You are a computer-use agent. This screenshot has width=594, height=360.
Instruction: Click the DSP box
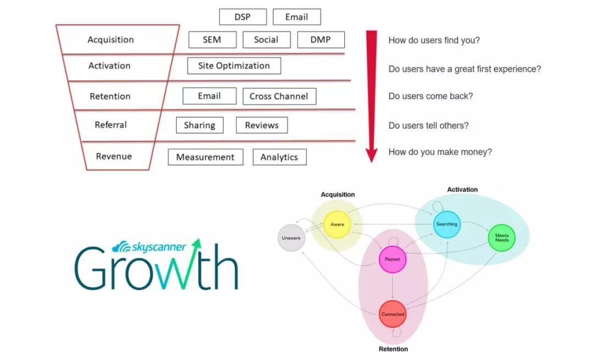[x=243, y=17]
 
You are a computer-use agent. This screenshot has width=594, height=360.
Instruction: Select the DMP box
[x=321, y=40]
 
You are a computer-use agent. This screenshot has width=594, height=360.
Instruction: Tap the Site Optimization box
[x=234, y=66]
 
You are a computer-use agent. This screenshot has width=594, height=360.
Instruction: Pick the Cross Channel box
[x=279, y=97]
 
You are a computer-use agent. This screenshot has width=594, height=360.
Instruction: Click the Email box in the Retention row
[x=210, y=96]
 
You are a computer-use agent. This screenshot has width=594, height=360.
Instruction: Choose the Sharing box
[x=200, y=125]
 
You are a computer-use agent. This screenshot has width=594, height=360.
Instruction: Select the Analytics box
[x=279, y=157]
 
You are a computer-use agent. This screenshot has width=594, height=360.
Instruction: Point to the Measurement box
[x=205, y=157]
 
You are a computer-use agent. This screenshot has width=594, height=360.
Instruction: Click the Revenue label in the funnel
[x=114, y=156]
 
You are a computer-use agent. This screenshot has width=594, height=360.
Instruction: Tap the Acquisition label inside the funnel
[x=111, y=40]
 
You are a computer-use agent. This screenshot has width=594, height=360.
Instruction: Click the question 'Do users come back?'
[x=431, y=96]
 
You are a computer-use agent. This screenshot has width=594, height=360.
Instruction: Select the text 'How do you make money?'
[x=440, y=152]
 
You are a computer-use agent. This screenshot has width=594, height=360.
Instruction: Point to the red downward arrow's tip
[x=372, y=162]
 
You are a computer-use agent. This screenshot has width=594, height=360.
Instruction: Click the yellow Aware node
[x=337, y=224]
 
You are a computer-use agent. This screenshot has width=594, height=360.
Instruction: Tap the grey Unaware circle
[x=291, y=238]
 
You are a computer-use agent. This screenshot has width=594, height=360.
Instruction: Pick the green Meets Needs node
[x=502, y=238]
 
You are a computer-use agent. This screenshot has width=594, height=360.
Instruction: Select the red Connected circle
[x=393, y=314]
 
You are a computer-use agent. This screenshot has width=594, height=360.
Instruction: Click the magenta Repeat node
[x=393, y=259]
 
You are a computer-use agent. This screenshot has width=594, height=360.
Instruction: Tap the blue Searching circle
[x=447, y=224]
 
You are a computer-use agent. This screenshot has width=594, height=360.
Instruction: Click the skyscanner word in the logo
[x=158, y=247]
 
